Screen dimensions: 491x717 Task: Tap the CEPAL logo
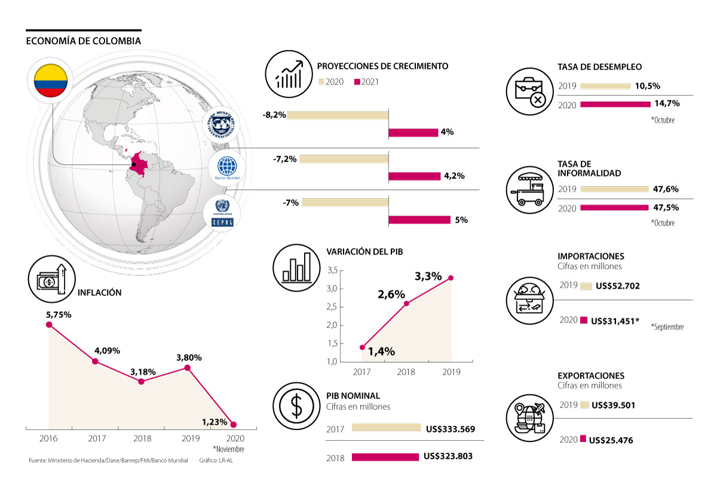tap(222, 213)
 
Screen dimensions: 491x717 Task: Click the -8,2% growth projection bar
tap(338, 115)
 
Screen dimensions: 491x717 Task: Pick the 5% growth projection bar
tap(419, 220)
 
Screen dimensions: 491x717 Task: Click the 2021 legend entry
tap(367, 82)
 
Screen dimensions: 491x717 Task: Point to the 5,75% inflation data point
tap(49, 325)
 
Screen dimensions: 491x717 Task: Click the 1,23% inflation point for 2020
tap(233, 425)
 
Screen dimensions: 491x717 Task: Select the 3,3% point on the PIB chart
tap(451, 278)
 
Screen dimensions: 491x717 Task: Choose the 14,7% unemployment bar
tap(615, 104)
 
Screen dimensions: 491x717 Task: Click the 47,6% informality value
tap(666, 189)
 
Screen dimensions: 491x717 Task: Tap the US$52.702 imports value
tap(615, 286)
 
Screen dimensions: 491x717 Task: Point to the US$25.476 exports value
tap(611, 441)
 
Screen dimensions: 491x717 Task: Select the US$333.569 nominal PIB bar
tap(387, 428)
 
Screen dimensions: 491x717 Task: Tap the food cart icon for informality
tap(529, 189)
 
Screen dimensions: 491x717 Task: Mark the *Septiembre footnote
tap(667, 327)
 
